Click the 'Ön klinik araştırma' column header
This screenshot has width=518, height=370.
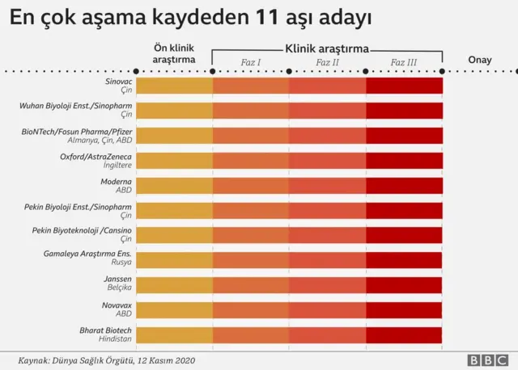174,53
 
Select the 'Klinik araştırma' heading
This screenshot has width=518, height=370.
327,48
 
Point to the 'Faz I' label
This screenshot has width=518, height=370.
251,62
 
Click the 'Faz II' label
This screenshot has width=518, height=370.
327,62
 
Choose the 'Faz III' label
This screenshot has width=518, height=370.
404,62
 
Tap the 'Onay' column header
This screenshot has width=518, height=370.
480,60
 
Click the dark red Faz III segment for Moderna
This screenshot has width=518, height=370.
404,185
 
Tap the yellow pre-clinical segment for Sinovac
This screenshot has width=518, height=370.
174,86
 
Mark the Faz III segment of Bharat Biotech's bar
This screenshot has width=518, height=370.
404,335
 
